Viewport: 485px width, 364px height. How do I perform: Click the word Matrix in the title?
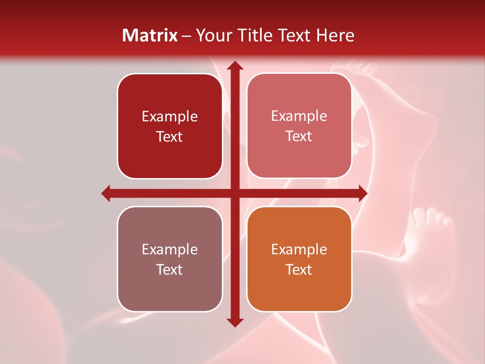tap(150, 35)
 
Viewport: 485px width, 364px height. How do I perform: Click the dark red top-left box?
tap(170, 126)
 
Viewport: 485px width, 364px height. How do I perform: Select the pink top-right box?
tap(299, 126)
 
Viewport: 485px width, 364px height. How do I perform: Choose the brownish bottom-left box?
tap(170, 259)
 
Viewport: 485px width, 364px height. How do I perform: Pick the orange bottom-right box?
tap(299, 259)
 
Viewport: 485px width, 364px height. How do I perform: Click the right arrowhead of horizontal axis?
tap(362, 193)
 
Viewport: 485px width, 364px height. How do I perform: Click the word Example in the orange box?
tap(299, 249)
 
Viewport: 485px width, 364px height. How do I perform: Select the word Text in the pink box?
tap(299, 136)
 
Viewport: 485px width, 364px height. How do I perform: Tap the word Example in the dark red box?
tap(170, 117)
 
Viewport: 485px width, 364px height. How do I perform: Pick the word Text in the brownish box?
tap(170, 270)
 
